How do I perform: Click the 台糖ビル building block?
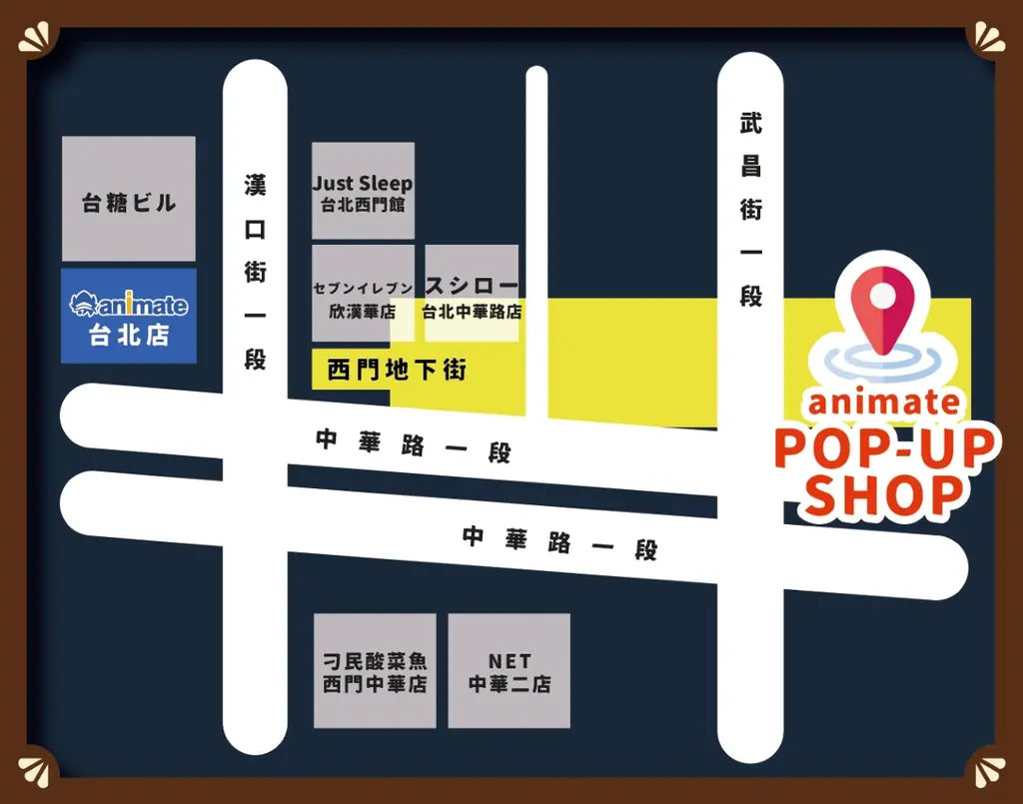click(128, 199)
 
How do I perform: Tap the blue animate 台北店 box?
click(129, 316)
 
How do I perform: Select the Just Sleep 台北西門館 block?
click(363, 191)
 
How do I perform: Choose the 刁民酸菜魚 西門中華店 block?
click(375, 671)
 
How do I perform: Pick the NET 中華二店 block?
click(509, 671)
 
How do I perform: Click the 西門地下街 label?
click(397, 371)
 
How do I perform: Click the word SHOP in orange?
click(885, 495)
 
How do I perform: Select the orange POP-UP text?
click(885, 448)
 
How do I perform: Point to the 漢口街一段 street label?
click(256, 271)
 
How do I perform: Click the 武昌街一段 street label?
click(750, 210)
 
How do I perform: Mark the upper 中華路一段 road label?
click(413, 445)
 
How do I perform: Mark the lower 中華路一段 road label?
click(559, 542)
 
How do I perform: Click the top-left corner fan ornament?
click(37, 38)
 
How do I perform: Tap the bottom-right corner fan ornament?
click(985, 766)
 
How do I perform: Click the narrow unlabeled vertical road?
click(536, 240)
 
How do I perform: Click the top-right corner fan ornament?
click(985, 38)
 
